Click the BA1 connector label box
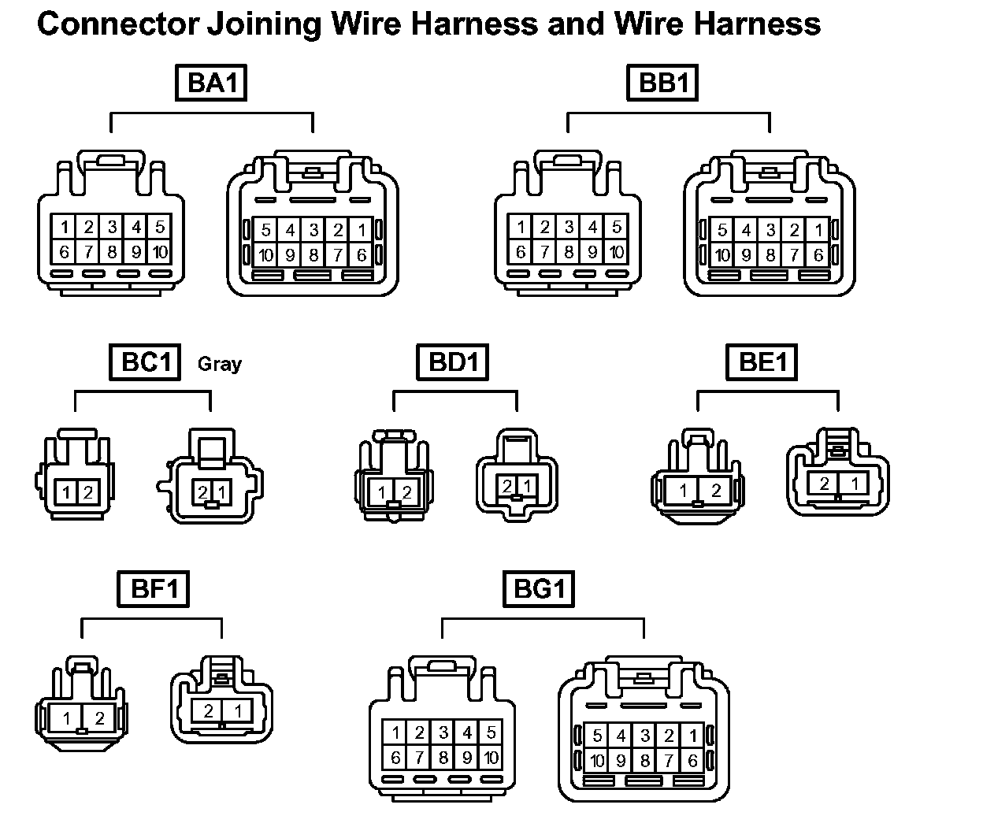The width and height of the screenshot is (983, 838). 210,83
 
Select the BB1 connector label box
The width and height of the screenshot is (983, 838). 663,83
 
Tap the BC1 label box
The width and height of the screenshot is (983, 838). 146,362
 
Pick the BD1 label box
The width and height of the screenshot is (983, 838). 454,362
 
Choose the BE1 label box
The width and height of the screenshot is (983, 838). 762,362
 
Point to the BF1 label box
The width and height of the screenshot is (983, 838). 154,589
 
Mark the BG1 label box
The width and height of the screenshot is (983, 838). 540,589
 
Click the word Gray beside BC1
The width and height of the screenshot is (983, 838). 219,364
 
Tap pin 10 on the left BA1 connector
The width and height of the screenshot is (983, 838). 160,252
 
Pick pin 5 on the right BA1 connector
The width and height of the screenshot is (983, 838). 266,231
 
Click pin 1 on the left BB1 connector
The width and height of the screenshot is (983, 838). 521,228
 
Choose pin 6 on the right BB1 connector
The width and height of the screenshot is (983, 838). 818,255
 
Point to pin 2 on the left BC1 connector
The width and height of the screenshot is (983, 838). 88,493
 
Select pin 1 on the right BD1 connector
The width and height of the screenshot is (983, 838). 526,486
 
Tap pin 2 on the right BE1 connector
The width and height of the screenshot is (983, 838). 824,483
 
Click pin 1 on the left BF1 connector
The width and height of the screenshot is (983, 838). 67,718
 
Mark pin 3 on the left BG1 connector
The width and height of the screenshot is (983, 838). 443,733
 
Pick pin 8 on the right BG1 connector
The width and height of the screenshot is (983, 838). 645,761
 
